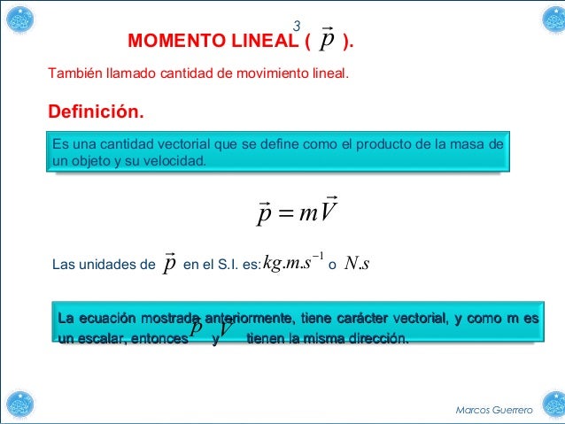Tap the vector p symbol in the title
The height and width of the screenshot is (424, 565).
(328, 41)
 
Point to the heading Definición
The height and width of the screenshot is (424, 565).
(95, 113)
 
